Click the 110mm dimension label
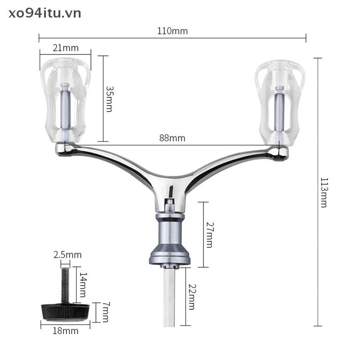coord(172,31)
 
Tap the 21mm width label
coord(66,48)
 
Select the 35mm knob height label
coord(109,99)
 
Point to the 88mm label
coord(172,138)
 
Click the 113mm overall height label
coord(324,193)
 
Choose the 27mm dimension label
coord(210,234)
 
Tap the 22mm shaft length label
coord(192,297)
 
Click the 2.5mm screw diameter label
coord(67,255)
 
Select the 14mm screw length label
coord(83,285)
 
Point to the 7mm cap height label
coord(105,312)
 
